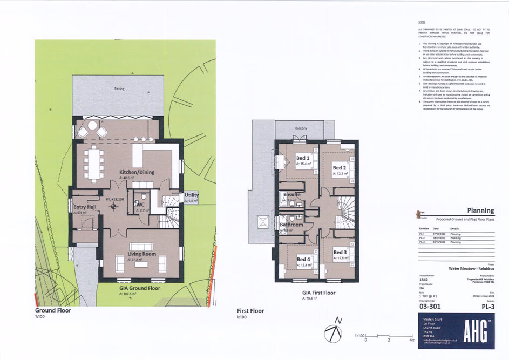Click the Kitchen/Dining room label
pos(137,172)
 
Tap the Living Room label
pos(141,254)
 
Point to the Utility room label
pos(191,194)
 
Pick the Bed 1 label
pos(303,158)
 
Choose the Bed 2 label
pos(340,168)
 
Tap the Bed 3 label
pos(340,252)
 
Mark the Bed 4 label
pos(303,259)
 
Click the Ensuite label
pos(291,194)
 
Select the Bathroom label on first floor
pos(291,223)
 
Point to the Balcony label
pos(301,128)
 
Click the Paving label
pos(119,89)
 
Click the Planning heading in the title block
pos(480,210)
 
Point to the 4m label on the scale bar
pos(411,341)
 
